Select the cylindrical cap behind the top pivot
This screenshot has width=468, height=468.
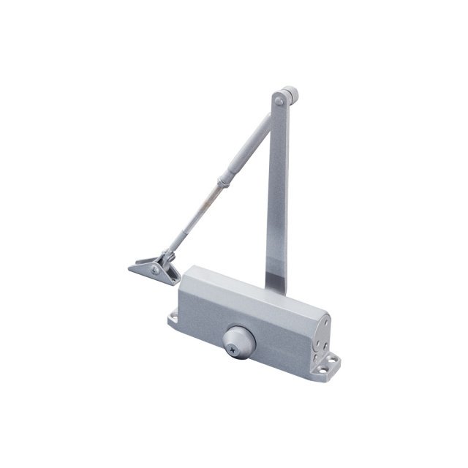292,95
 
